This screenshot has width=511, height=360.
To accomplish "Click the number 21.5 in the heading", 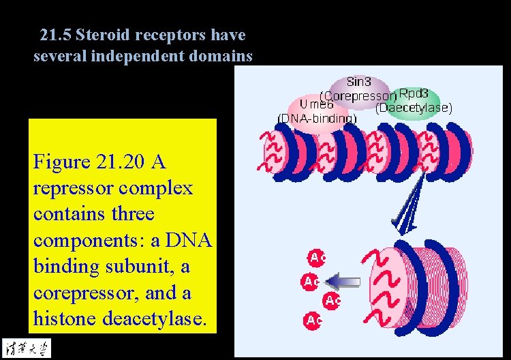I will tap(55, 35).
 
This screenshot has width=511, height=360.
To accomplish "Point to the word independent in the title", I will tap(145, 56).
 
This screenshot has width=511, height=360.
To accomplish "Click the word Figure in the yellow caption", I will tap(61, 162).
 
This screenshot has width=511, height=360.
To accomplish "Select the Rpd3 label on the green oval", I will tap(413, 94).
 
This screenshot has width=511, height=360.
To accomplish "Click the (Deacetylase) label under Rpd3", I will tap(414, 108).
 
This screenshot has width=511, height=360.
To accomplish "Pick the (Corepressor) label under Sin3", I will tap(357, 95).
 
